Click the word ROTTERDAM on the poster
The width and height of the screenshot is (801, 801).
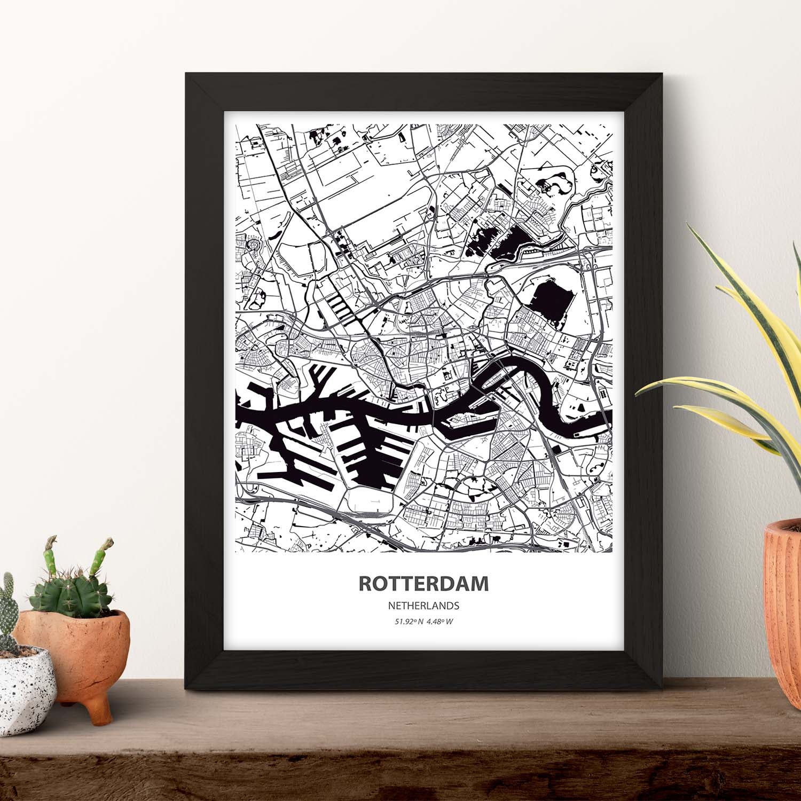click(423, 584)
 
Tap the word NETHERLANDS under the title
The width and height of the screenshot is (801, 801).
click(423, 606)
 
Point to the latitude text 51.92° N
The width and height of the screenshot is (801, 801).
click(409, 622)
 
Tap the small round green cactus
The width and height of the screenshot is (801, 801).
click(69, 595)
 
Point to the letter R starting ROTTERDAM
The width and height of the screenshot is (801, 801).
click(365, 584)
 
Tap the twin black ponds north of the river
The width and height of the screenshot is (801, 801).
click(497, 243)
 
